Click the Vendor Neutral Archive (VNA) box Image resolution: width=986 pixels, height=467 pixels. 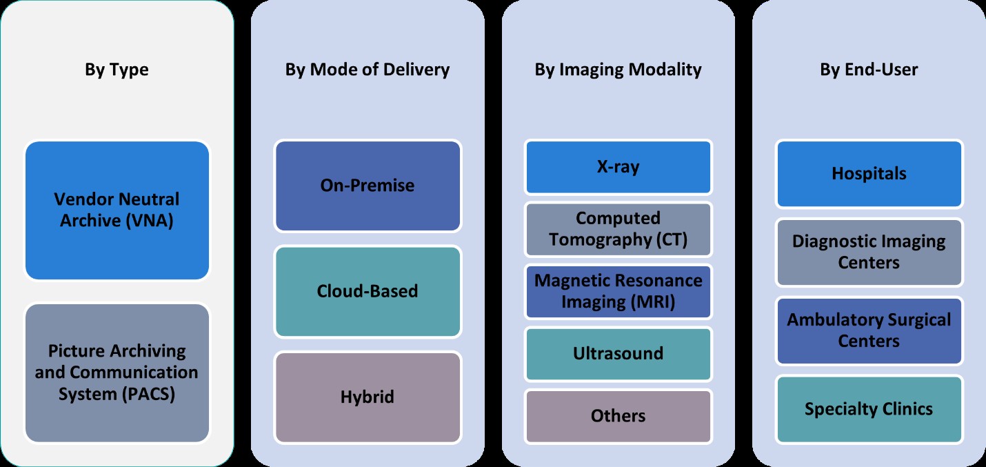coord(117,210)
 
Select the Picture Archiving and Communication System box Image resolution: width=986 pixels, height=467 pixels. coord(117,372)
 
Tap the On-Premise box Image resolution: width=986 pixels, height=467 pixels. coord(368,186)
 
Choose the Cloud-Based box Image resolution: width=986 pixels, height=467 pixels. coord(368,291)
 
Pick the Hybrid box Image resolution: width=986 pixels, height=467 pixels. coord(368,397)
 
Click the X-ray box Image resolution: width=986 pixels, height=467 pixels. coord(618,167)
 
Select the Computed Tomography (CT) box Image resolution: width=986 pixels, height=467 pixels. coord(618,229)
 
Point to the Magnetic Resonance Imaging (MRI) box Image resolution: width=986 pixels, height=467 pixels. coord(618,291)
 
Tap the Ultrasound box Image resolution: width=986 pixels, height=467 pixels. coord(618,354)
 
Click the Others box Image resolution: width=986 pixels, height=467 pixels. coord(618,416)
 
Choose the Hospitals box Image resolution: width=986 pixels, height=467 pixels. coord(869,173)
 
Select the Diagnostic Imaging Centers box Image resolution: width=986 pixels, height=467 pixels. coord(869,252)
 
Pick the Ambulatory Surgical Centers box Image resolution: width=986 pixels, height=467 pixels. coord(869,330)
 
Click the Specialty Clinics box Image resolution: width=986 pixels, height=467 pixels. coord(869,409)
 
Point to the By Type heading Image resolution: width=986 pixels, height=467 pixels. coord(117,70)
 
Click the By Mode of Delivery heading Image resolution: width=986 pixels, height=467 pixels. coord(368,70)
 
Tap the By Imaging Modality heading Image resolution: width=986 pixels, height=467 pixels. coord(618,70)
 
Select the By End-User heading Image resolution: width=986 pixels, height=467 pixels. coord(869,70)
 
